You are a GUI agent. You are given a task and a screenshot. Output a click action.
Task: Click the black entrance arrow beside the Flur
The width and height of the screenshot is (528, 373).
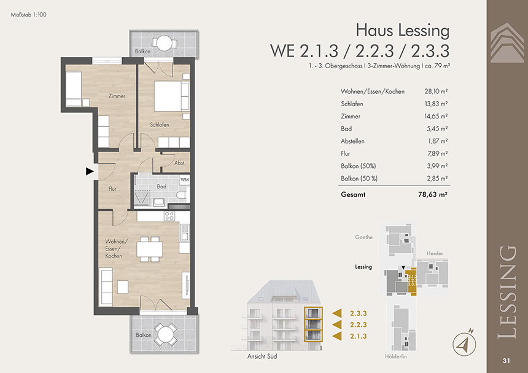[90, 171]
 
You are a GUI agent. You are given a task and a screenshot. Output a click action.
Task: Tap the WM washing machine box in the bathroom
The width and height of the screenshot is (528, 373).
[185, 180]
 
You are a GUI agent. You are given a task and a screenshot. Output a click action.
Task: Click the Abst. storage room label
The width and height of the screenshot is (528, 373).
[180, 163]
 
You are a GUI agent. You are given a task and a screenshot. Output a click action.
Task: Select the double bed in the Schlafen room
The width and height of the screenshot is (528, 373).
[172, 96]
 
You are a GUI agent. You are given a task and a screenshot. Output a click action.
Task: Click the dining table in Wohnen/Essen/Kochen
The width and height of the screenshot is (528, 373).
[150, 249]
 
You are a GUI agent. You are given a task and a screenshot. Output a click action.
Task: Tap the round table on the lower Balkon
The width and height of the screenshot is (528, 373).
[165, 334]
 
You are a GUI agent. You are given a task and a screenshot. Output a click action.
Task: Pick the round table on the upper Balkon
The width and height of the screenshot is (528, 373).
[165, 43]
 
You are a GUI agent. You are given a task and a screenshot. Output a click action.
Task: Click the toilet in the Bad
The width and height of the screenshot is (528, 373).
[181, 194]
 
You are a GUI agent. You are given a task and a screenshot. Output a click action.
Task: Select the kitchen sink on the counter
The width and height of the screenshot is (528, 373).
[185, 233]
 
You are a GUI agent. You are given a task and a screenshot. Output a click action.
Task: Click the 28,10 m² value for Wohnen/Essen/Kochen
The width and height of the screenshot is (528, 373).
[436, 91]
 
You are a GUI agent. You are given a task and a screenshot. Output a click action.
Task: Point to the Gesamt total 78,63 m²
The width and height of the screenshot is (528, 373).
[433, 194]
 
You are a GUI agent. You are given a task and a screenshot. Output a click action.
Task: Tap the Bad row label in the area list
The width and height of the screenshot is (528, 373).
[346, 128]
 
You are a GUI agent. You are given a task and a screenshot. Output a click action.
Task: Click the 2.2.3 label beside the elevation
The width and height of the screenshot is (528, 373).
[359, 325]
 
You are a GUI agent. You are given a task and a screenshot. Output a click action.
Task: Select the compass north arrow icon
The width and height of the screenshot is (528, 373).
[464, 343]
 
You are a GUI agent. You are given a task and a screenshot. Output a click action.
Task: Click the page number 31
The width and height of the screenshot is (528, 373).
[506, 361]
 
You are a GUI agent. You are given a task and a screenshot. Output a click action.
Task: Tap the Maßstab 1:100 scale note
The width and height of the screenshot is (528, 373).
[29, 15]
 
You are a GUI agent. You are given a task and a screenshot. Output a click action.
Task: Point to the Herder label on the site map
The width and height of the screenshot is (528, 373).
[435, 253]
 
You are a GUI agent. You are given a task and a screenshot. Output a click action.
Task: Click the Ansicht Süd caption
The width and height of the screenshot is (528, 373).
[262, 356]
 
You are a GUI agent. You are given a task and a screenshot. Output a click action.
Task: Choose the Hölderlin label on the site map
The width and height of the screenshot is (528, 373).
[395, 356]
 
